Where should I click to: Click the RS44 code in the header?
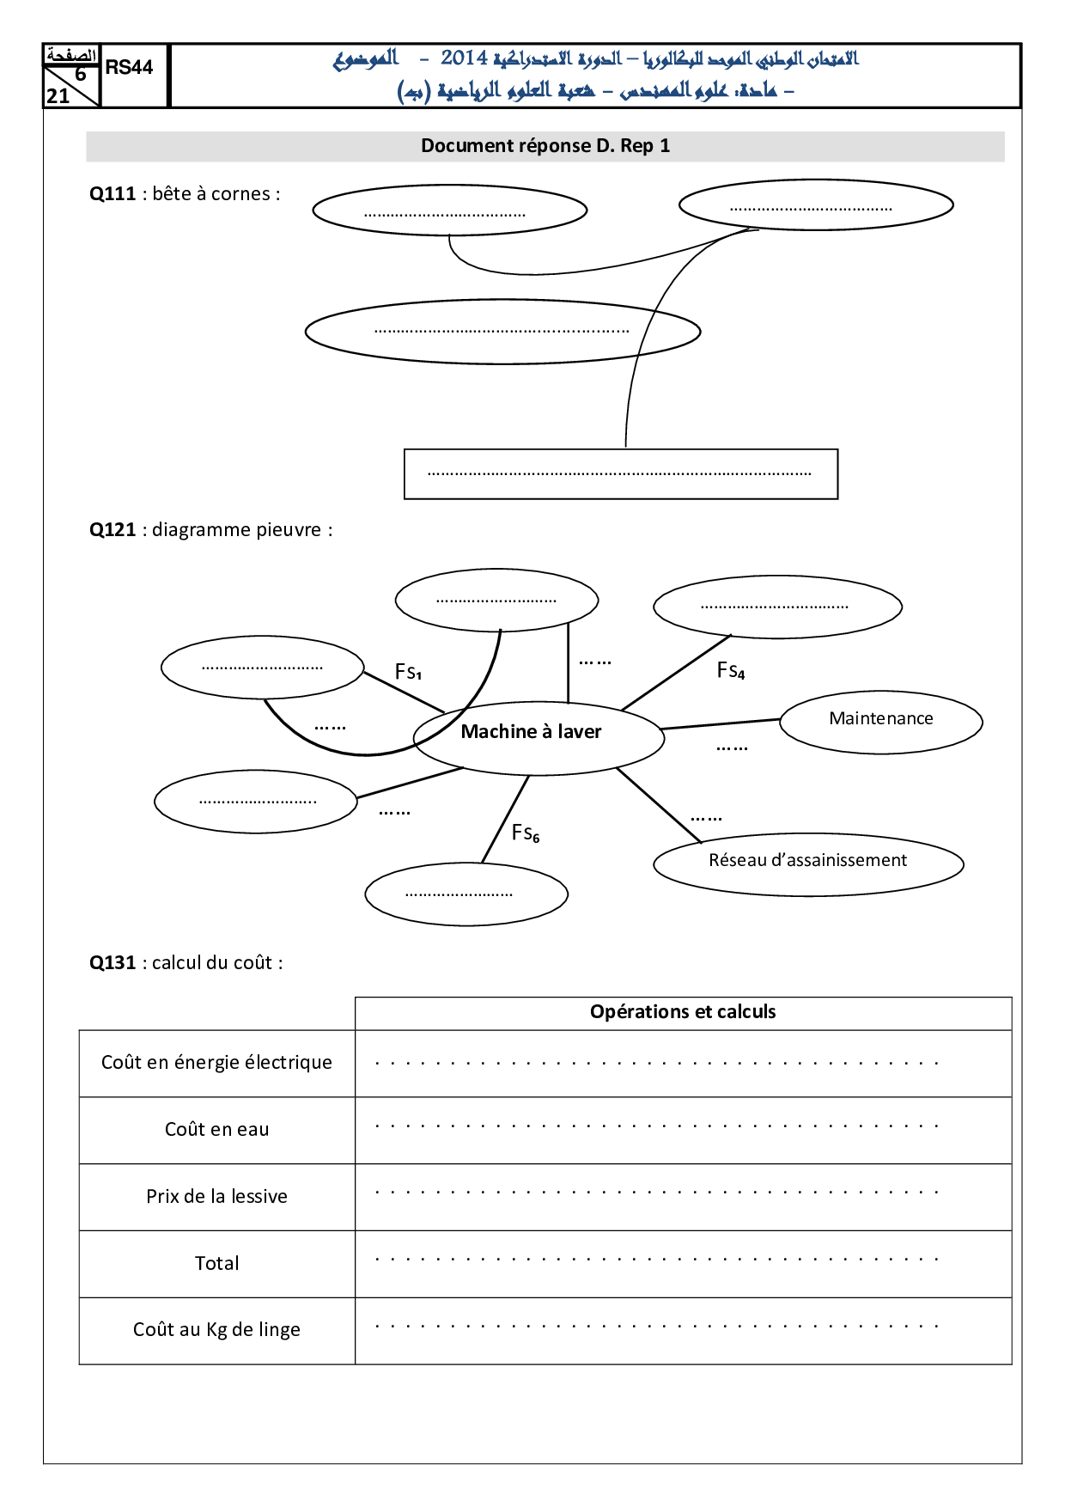[x=129, y=68]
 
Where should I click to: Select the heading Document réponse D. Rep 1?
[x=545, y=146]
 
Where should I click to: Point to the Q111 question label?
[x=113, y=194]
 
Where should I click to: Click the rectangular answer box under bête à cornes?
[x=620, y=474]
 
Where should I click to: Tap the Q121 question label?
[x=113, y=530]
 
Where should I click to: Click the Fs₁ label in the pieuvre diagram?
[x=408, y=672]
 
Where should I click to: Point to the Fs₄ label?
[x=731, y=671]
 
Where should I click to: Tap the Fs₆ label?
[x=526, y=833]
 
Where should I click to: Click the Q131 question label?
[x=113, y=963]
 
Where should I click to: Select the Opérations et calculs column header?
[x=683, y=1012]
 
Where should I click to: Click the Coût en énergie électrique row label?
[x=216, y=1063]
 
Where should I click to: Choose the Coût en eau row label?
[x=216, y=1130]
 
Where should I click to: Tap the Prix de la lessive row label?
[x=216, y=1197]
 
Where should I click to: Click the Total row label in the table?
[x=216, y=1264]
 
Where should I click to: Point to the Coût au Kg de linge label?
[x=216, y=1330]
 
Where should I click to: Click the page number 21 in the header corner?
[x=58, y=96]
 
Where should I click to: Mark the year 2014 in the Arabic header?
[x=464, y=58]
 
